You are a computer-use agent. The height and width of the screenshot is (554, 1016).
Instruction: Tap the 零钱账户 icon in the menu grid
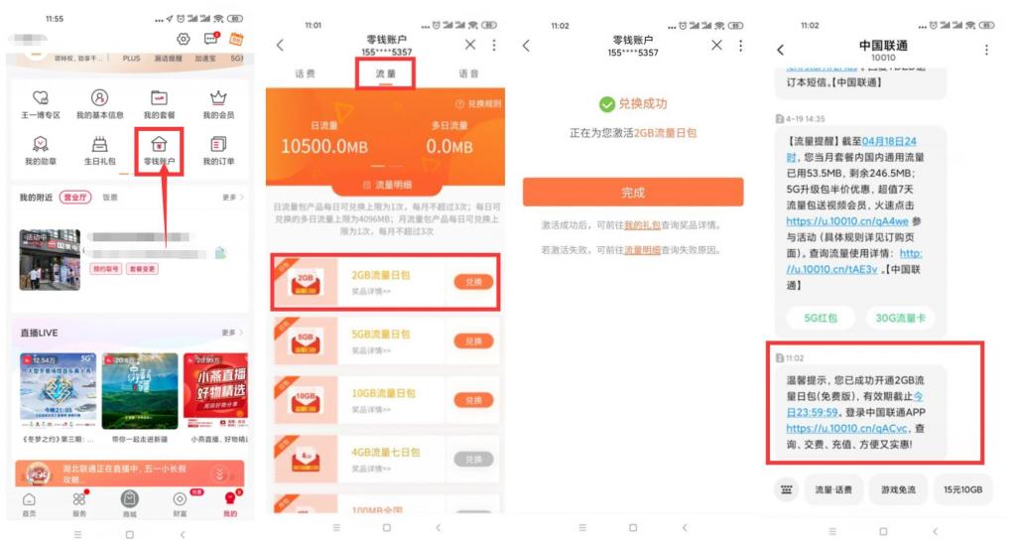159,145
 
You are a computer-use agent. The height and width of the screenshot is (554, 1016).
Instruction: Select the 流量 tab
385,74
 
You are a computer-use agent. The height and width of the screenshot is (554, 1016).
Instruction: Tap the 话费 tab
306,74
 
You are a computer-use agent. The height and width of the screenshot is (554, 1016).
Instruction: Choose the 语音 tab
468,74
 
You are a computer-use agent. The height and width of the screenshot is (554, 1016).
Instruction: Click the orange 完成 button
633,193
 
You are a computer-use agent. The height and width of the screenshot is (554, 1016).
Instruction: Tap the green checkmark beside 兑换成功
607,104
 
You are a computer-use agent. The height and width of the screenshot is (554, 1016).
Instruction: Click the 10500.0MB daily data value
325,147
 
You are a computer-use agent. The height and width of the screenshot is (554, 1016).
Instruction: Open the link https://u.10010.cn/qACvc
825,429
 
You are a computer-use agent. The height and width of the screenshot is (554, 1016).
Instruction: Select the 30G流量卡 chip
900,318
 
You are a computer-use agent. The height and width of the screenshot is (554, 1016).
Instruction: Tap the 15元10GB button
962,489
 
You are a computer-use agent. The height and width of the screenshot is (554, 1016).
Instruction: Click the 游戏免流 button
898,489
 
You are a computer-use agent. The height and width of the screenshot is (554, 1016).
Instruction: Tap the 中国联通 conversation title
882,47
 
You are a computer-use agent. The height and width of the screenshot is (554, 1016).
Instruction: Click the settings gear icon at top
184,39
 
